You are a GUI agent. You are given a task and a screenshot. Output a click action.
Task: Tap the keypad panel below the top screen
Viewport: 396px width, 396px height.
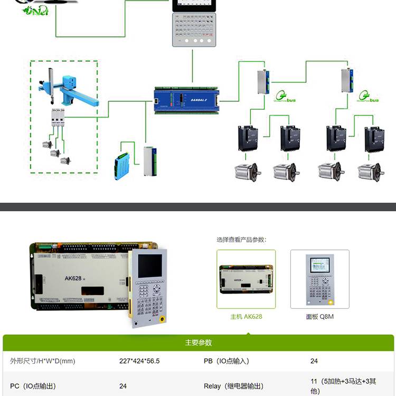pos(194,29)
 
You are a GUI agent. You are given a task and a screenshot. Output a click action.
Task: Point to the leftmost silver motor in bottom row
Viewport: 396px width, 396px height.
pos(247,171)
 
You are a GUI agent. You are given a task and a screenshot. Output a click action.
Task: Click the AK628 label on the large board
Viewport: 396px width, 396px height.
pos(73,278)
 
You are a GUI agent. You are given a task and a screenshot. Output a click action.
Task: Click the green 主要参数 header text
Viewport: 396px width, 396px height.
pos(198,343)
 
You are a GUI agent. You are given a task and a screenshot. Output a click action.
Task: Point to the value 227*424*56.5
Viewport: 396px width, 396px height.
pos(139,361)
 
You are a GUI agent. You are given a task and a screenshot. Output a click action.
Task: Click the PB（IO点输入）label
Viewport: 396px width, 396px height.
pos(226,361)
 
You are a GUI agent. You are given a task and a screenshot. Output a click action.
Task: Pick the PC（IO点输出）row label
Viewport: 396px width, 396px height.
pos(33,386)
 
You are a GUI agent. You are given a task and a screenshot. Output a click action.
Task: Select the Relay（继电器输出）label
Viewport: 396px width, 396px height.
pos(233,386)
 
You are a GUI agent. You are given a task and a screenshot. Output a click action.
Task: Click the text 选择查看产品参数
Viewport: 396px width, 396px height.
pos(241,239)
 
